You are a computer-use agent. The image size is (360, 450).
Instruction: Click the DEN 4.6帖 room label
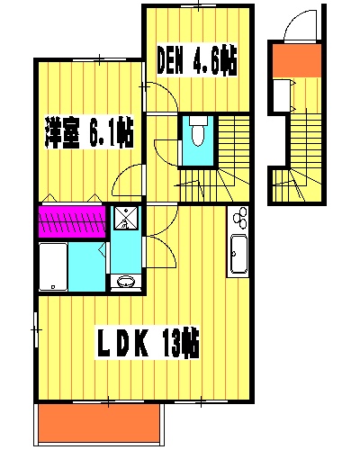[x=197, y=62]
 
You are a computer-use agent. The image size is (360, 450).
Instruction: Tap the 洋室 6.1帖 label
[x=89, y=135]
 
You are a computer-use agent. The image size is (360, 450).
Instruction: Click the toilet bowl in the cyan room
[x=196, y=134]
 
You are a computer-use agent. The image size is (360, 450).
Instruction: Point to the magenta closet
[x=72, y=220]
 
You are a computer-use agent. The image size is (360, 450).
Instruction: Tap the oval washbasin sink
[x=125, y=283]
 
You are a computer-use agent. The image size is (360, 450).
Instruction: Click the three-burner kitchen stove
[x=238, y=217]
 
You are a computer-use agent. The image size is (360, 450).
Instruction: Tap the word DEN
[x=174, y=62]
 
